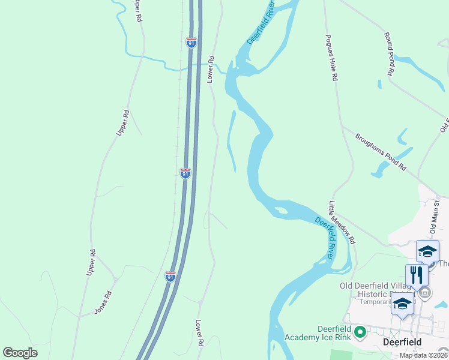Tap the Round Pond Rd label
click(x=389, y=53)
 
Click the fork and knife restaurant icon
click(x=417, y=275)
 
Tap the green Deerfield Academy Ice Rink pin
click(x=360, y=331)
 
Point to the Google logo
click(x=20, y=353)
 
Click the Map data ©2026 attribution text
click(x=423, y=355)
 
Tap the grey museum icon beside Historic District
click(x=426, y=293)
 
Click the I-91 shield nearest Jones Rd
click(x=170, y=277)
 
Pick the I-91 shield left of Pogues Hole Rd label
click(x=191, y=42)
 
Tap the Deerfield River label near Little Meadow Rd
click(x=325, y=239)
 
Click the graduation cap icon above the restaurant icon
click(x=427, y=251)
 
